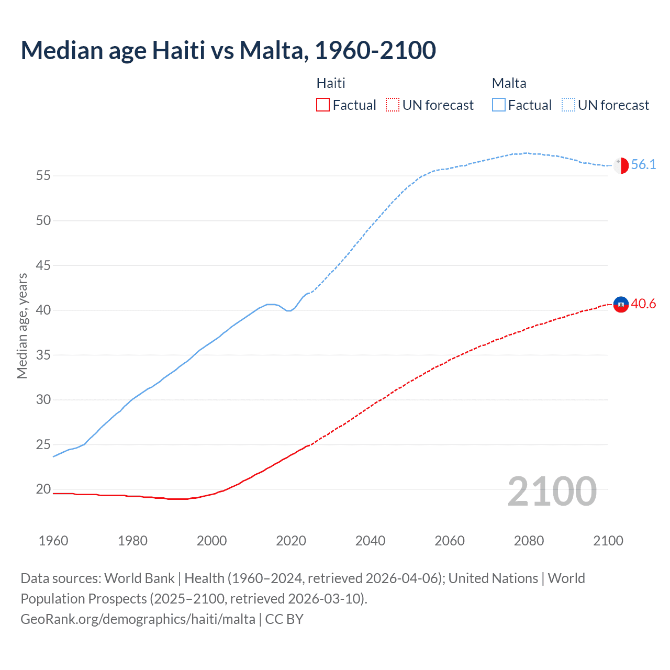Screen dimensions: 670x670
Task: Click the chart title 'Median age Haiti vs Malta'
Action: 228,51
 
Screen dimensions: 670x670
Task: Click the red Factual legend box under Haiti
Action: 323,105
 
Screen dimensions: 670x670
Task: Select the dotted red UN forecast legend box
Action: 393,105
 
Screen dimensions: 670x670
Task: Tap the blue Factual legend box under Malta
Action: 499,105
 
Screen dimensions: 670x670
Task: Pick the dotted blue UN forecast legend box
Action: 568,105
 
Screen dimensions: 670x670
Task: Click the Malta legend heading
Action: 509,83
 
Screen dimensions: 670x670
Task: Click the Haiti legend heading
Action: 331,83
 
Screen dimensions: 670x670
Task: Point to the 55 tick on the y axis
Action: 43,176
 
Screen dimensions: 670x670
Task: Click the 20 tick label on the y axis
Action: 43,489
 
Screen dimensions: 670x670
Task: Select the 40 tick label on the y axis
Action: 43,310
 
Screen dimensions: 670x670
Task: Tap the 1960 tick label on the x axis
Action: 53,541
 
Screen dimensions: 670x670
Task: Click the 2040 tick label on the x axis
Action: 370,541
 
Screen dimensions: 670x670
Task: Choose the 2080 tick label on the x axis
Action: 529,541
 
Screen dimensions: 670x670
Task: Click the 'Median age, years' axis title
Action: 22,326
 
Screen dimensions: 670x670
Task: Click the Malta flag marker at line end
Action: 621,165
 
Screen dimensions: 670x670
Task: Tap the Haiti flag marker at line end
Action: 621,304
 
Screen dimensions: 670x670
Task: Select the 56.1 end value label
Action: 643,165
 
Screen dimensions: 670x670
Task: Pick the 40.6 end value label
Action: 643,304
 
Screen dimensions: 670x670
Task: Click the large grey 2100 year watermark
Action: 552,492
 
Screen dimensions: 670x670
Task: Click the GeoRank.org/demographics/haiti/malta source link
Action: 138,619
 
